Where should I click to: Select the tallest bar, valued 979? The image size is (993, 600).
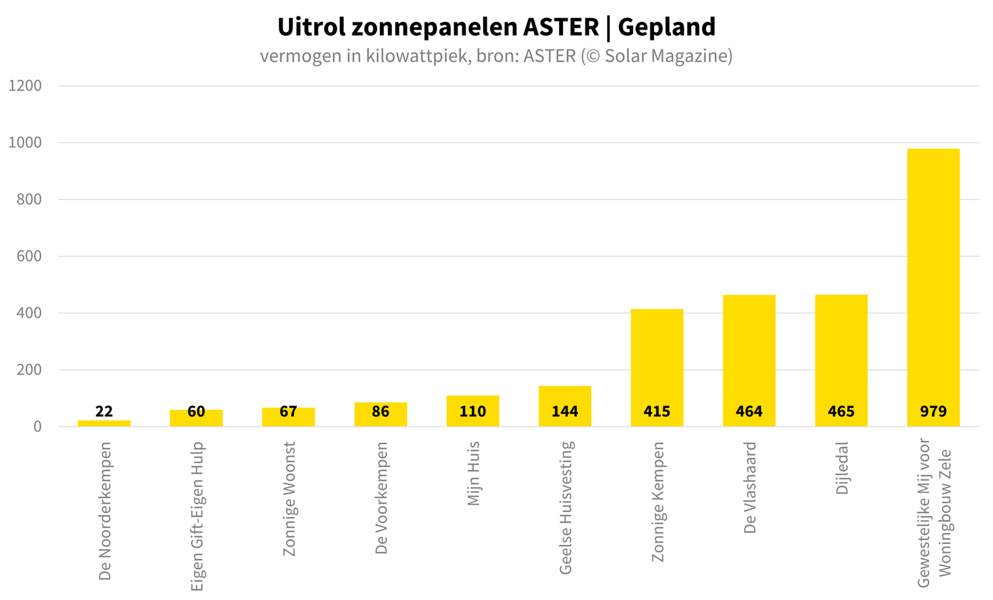click(x=933, y=278)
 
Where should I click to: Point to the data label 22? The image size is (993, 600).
click(x=104, y=412)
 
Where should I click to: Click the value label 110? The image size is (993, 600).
click(x=472, y=412)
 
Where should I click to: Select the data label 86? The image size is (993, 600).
click(x=381, y=412)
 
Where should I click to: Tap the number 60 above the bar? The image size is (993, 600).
click(x=196, y=412)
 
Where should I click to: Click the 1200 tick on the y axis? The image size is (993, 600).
click(x=25, y=86)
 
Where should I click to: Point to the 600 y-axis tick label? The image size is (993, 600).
click(x=29, y=256)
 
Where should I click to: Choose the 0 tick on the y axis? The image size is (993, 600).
click(x=37, y=427)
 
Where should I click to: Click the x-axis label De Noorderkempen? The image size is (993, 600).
click(x=105, y=511)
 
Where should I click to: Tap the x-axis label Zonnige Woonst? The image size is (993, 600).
click(x=289, y=499)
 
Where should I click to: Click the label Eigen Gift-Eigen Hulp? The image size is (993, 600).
click(x=197, y=517)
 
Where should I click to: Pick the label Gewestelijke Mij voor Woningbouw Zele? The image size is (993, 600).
click(x=934, y=512)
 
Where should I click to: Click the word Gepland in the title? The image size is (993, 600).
click(x=666, y=27)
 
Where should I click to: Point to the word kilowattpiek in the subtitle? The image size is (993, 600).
click(x=416, y=56)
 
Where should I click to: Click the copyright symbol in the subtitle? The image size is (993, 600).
click(x=592, y=56)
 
